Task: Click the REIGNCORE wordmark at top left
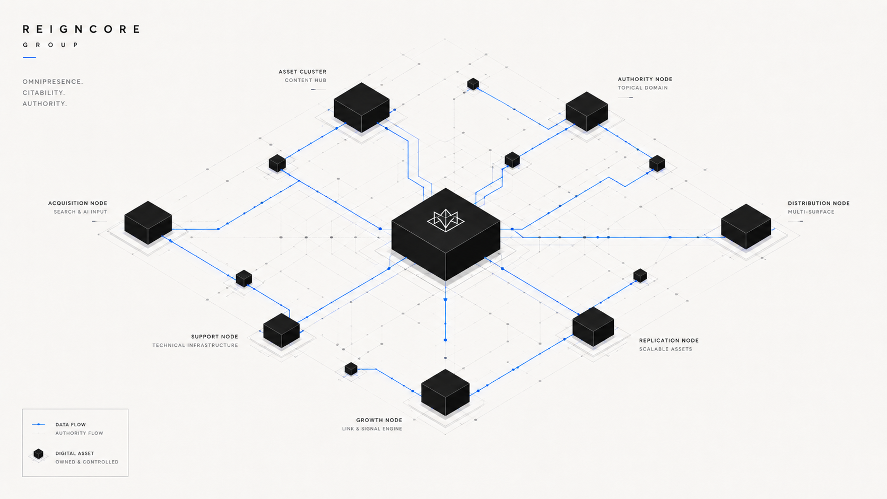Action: pos(81,29)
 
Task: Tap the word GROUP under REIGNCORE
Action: pos(50,45)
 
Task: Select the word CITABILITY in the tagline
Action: pos(44,93)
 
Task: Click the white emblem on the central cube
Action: pos(446,220)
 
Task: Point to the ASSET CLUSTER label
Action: pos(302,72)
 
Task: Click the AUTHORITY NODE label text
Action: pos(645,79)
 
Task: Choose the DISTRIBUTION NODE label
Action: pos(819,203)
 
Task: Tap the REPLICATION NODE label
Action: pos(669,340)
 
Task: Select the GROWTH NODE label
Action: pos(379,420)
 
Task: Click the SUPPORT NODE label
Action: pos(215,336)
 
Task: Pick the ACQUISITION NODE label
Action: pos(77,203)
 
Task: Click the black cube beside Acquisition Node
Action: pos(148,222)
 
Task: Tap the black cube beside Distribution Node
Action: pos(746,226)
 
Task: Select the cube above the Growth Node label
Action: pos(446,392)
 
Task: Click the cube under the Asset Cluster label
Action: pos(361,107)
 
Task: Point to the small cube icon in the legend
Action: pos(38,454)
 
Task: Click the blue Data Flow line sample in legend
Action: pos(38,424)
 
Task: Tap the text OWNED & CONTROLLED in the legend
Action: pos(86,462)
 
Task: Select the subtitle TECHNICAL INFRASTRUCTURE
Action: pos(195,345)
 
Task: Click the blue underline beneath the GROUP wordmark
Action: pos(29,57)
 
